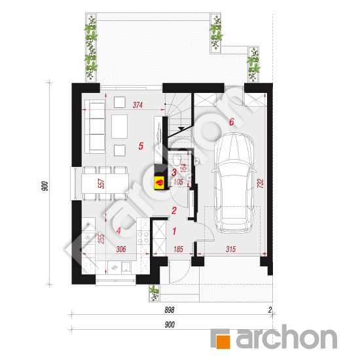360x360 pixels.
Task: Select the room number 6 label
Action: coord(231,121)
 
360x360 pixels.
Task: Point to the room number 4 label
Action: coord(118,230)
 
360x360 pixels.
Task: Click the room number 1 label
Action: coord(174,231)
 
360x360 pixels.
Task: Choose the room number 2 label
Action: coord(173,210)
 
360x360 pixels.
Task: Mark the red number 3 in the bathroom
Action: coord(173,173)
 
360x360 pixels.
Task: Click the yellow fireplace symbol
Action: coord(159,181)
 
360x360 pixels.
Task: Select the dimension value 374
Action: coord(137,104)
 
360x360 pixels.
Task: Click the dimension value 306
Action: coord(120,249)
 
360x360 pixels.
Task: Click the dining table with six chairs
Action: coord(101,181)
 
